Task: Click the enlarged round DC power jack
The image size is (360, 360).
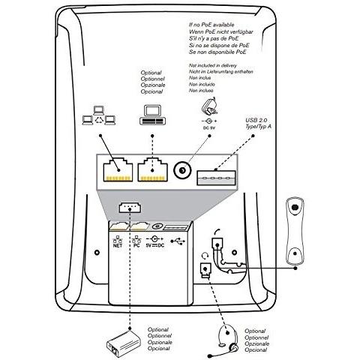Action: tap(182, 172)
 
